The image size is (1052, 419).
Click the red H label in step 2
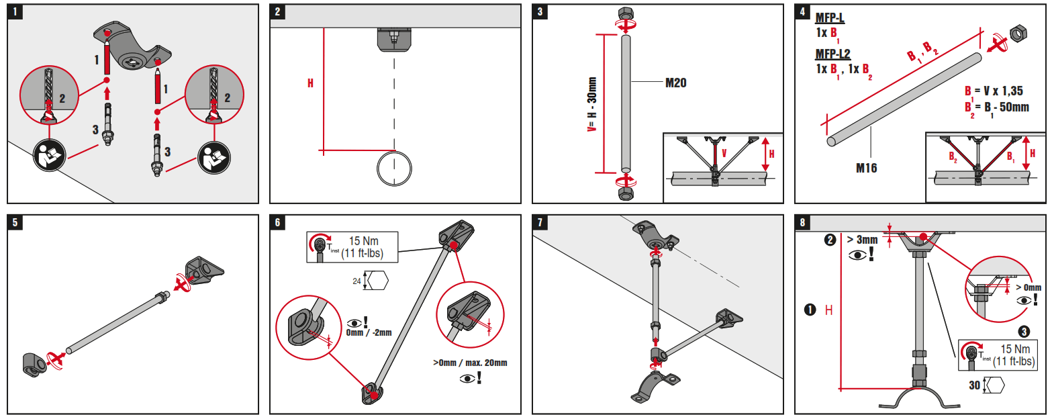tap(310, 84)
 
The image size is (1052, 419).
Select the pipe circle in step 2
tap(394, 168)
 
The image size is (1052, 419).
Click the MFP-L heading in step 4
tap(830, 17)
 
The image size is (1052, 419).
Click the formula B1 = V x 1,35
tap(994, 91)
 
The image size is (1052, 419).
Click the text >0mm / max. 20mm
tap(470, 363)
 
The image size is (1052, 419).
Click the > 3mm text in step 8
tap(862, 239)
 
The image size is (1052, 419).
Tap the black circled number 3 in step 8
tap(1023, 331)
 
